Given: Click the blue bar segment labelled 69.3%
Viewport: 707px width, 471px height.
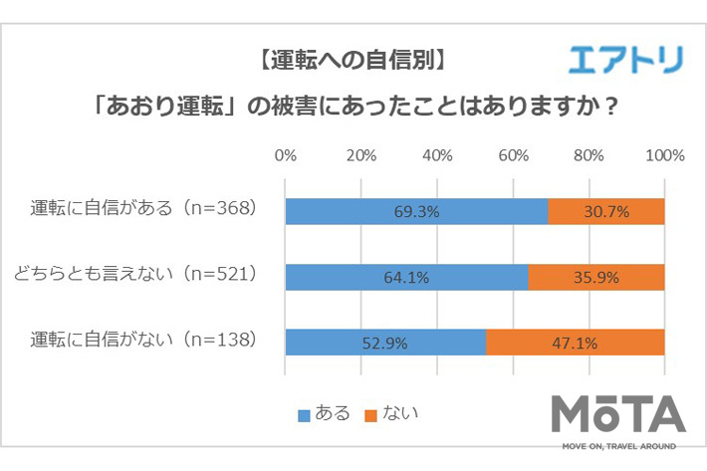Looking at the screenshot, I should click(416, 212).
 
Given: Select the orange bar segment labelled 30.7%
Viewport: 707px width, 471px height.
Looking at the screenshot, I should click(606, 212).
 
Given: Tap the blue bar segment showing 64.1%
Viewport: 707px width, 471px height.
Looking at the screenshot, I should click(406, 277).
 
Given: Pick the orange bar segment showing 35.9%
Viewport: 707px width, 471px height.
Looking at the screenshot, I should click(596, 277).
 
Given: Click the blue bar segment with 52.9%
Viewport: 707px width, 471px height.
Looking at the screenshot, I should click(385, 343).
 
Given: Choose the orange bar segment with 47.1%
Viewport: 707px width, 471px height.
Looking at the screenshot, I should click(576, 343).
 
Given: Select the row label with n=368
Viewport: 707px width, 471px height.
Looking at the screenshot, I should click(144, 209).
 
